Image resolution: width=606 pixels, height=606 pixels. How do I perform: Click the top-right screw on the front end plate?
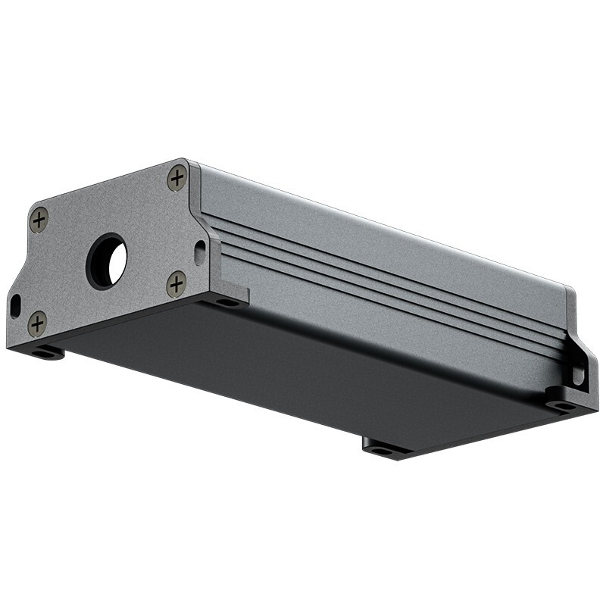(x=177, y=179)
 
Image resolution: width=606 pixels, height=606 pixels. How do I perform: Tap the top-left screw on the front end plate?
(x=39, y=220)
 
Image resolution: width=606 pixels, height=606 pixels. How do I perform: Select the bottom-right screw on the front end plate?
(x=176, y=284)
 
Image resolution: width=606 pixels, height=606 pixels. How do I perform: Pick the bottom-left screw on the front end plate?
(x=37, y=323)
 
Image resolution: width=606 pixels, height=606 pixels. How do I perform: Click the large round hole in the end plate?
(x=108, y=261)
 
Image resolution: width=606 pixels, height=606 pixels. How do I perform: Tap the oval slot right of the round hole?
(x=200, y=251)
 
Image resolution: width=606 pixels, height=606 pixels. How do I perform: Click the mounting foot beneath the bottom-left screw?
(x=47, y=352)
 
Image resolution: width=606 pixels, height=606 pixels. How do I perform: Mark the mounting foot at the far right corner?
(x=564, y=405)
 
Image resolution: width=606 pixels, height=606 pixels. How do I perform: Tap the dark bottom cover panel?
(x=303, y=371)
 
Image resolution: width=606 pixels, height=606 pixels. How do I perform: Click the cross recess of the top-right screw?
(x=177, y=179)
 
